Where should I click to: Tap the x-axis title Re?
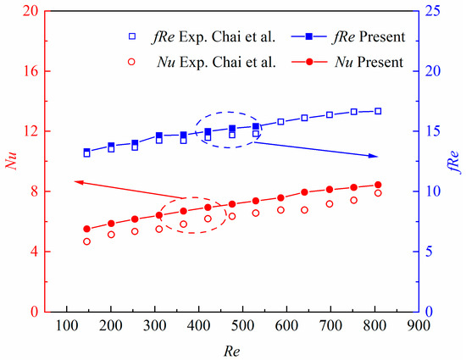tap(241, 349)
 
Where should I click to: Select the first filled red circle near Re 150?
tap(86, 229)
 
